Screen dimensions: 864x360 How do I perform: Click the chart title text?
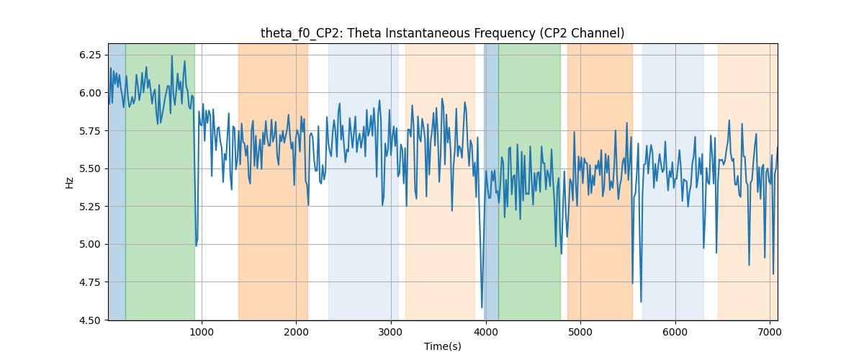click(442, 33)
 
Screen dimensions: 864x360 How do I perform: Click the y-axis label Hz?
click(69, 183)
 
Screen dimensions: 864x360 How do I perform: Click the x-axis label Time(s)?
click(442, 346)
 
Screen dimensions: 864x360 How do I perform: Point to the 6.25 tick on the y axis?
click(90, 55)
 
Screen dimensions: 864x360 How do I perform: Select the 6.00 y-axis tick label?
click(90, 93)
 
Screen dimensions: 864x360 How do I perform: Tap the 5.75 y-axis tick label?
click(90, 131)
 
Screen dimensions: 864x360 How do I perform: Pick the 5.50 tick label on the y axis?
click(90, 168)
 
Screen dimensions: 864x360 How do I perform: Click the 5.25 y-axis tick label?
click(90, 207)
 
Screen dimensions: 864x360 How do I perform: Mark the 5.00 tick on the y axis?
click(90, 244)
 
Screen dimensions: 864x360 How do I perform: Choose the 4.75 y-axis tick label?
click(90, 282)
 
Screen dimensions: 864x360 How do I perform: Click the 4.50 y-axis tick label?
click(90, 320)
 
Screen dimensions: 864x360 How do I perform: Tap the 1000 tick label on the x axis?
click(202, 332)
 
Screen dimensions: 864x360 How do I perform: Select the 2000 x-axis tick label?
click(296, 332)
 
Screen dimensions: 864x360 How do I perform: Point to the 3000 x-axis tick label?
click(391, 332)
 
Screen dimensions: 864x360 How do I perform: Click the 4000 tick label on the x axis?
click(485, 332)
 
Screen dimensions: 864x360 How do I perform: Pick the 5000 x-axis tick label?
click(580, 332)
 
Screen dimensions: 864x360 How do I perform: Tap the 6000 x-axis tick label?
click(675, 332)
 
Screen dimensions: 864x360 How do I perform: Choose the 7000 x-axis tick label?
click(770, 332)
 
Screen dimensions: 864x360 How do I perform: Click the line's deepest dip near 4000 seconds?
click(482, 307)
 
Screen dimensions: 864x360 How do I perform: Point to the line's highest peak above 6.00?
click(172, 56)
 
